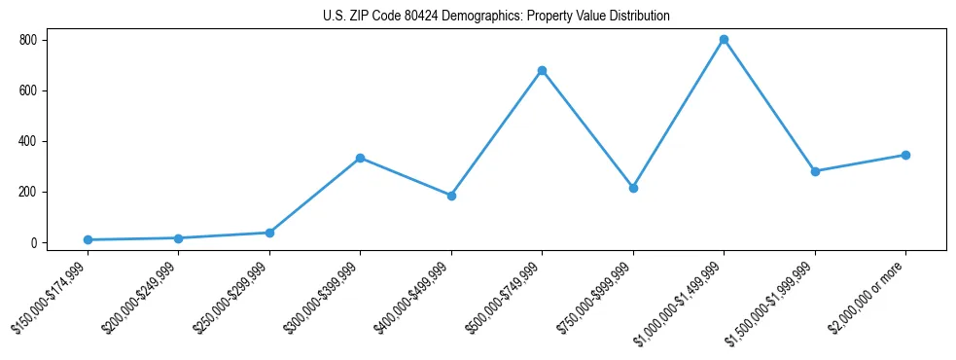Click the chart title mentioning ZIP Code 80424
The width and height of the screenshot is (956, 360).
[496, 17]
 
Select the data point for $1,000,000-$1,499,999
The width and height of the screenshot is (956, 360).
[724, 40]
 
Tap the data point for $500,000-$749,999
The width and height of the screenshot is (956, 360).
[542, 70]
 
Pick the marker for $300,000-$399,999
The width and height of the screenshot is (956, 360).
[360, 158]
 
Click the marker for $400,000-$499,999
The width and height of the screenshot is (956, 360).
[451, 196]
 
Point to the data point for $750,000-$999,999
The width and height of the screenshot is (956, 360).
[633, 188]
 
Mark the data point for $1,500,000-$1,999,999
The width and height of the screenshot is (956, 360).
[815, 171]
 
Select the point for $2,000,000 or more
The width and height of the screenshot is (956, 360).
[905, 155]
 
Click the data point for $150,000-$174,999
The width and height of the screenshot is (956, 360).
[88, 239]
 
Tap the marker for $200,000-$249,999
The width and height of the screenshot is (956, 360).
[178, 238]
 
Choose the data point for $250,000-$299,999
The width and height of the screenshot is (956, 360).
[269, 233]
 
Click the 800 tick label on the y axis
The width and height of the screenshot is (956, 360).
[27, 40]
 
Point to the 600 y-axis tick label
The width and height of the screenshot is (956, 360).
[27, 90]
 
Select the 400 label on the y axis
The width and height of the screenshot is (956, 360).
[27, 141]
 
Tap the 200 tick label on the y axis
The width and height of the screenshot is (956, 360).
[27, 192]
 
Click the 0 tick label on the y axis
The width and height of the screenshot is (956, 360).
[33, 242]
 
